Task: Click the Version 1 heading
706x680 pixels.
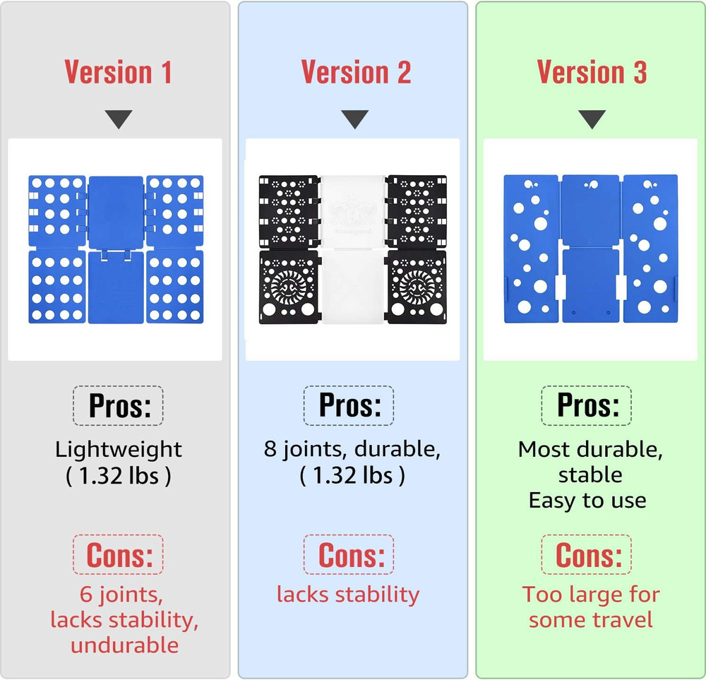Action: tap(119, 72)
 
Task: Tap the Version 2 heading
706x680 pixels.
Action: tap(356, 72)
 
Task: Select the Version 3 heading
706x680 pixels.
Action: tap(592, 72)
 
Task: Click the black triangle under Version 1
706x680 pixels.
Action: tap(119, 119)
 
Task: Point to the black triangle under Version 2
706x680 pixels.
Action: tap(355, 119)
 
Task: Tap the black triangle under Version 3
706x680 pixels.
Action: tap(592, 119)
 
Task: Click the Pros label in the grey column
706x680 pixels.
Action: tap(119, 406)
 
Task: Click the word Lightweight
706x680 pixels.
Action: tap(119, 450)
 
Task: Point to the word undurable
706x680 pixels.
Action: tap(125, 645)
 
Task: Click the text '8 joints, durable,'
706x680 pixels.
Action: tap(352, 449)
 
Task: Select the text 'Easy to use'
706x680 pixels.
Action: tap(587, 501)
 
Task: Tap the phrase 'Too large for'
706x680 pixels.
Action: tap(591, 595)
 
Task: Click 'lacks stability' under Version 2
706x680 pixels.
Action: tap(348, 595)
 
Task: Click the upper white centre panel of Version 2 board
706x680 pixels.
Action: tap(353, 211)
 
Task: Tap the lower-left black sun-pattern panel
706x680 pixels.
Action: tap(289, 287)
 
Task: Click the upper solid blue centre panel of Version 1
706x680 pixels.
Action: tap(116, 213)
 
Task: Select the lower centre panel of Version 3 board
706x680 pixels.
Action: tap(591, 285)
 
